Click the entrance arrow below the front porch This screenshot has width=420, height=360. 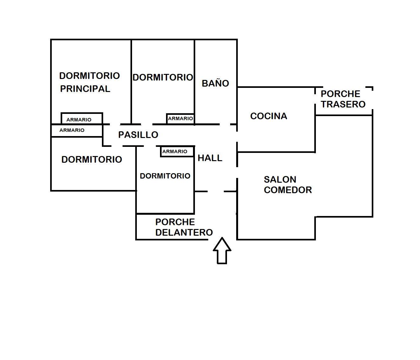pos(222,251)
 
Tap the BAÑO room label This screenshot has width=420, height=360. pos(215,83)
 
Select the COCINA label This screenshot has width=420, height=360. pos(269,116)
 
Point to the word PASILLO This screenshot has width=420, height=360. pos(138,135)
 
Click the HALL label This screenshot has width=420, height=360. pos(210,158)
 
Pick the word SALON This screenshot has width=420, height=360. pos(280,180)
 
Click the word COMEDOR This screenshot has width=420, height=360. pos(288,190)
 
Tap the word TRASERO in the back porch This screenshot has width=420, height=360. pos(343,104)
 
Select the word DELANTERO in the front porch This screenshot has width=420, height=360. pos(184,232)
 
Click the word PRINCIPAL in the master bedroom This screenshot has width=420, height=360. pos(85,89)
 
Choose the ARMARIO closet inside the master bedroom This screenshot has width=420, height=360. pos(79,120)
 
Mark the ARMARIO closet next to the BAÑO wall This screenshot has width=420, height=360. pos(180,118)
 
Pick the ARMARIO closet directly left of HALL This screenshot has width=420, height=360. pos(175,152)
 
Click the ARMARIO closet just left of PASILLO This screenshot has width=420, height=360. pos(72,130)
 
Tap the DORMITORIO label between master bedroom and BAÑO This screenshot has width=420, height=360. pos(163,77)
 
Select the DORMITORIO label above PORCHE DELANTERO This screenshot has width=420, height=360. pos(165,176)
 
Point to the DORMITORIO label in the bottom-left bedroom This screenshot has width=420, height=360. pos(92,160)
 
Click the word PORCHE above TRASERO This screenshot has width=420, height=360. pos(340,94)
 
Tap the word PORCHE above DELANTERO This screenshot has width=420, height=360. pos(175,222)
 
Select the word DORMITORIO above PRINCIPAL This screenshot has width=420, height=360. pos(90,76)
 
